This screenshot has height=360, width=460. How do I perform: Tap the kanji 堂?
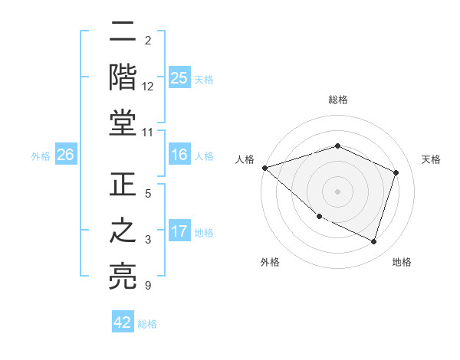point(123,123)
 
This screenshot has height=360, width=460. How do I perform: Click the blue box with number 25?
point(179,77)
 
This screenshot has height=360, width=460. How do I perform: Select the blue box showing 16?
point(179,155)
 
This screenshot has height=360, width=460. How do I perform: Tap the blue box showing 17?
point(179,231)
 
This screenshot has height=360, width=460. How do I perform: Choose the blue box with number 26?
point(65,155)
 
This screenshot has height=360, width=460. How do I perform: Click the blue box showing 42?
point(123,322)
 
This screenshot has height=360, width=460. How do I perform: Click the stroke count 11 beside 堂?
point(147,133)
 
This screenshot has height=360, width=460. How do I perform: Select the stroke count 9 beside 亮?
point(147,286)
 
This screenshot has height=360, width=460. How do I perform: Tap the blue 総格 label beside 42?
point(148,324)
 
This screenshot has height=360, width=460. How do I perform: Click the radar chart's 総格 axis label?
point(337,100)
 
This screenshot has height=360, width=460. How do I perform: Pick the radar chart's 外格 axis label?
point(270,262)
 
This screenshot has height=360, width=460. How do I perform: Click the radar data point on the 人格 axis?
point(264,168)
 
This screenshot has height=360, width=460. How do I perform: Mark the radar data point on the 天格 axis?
point(396,172)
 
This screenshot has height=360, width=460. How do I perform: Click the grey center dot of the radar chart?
point(337,191)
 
